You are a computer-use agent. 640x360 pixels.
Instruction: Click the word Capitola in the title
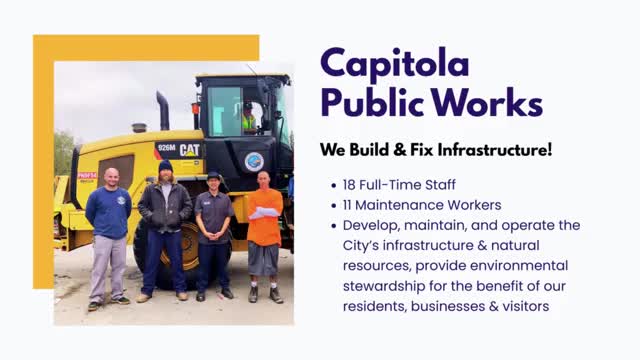click(394, 65)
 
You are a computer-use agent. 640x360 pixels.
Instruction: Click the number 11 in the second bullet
click(349, 205)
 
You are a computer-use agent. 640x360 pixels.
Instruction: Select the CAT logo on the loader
click(189, 150)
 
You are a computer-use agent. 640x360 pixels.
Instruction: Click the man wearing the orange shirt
click(265, 225)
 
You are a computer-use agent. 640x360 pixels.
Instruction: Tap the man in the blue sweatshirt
click(107, 225)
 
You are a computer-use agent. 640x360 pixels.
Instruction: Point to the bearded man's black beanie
click(165, 166)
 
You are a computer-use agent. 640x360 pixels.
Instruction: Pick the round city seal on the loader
click(253, 161)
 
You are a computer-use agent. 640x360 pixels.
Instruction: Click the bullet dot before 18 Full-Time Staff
click(333, 186)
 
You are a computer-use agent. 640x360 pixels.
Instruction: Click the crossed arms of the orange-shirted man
click(265, 212)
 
